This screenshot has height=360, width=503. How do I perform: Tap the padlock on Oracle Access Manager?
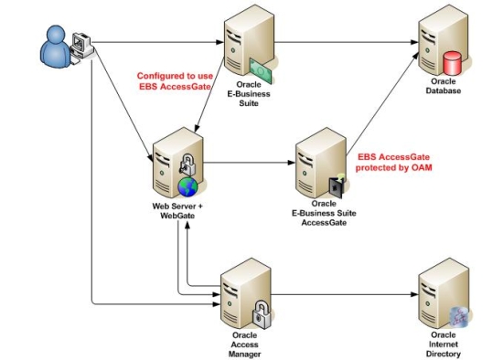tap(260, 310)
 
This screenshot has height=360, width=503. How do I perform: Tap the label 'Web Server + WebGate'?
tap(177, 212)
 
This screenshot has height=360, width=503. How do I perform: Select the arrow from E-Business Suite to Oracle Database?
tap(343, 41)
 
